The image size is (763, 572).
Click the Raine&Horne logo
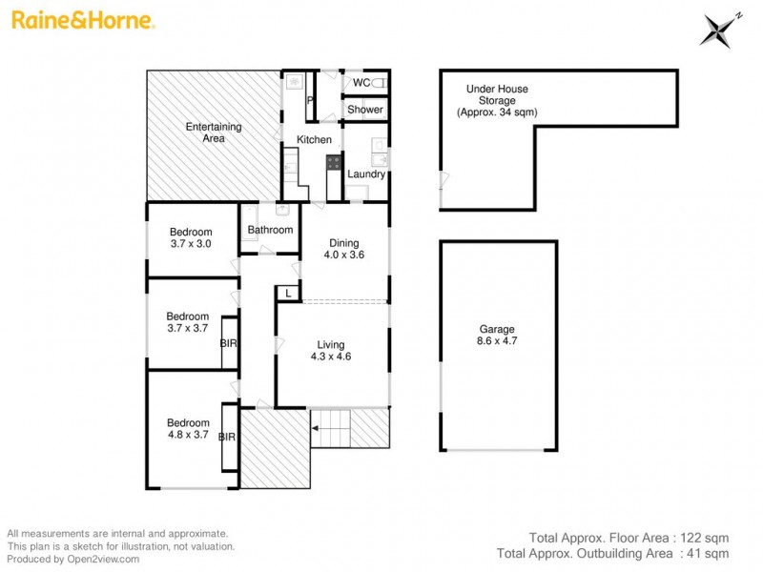pyautogui.click(x=83, y=20)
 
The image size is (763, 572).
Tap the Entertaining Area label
pyautogui.click(x=213, y=133)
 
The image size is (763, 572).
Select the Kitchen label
pyautogui.click(x=314, y=140)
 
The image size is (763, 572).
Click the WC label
pyautogui.click(x=361, y=83)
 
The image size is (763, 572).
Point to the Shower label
pyautogui.click(x=364, y=110)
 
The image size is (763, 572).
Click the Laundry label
pyautogui.click(x=366, y=174)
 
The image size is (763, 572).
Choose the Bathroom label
pyautogui.click(x=270, y=230)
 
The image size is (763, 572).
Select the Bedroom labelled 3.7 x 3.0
pyautogui.click(x=190, y=237)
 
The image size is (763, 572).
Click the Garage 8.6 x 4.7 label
pyautogui.click(x=498, y=335)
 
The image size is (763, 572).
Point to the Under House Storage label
pyautogui.click(x=496, y=100)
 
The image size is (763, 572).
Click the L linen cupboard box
pyautogui.click(x=288, y=294)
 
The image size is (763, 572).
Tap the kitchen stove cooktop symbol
pyautogui.click(x=335, y=162)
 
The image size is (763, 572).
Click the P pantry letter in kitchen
pyautogui.click(x=310, y=100)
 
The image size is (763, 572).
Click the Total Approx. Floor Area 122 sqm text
pyautogui.click(x=629, y=537)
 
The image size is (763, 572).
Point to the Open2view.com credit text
pyautogui.click(x=73, y=559)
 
